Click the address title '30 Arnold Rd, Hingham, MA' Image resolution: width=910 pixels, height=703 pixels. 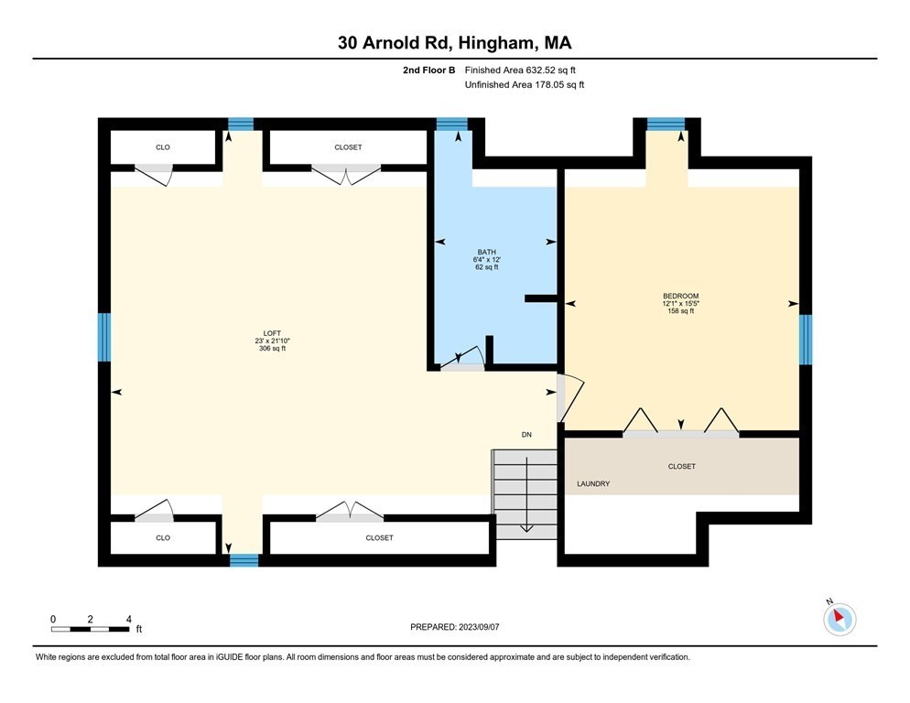pyautogui.click(x=455, y=43)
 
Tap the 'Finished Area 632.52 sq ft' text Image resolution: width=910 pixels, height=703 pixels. pyautogui.click(x=520, y=70)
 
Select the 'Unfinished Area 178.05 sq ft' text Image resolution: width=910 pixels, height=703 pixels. pyautogui.click(x=524, y=84)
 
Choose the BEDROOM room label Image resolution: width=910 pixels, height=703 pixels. pyautogui.click(x=680, y=303)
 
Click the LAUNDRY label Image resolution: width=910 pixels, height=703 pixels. pyautogui.click(x=593, y=483)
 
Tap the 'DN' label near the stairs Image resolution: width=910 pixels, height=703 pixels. pyautogui.click(x=526, y=434)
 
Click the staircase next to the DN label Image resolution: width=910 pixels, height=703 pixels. pyautogui.click(x=525, y=492)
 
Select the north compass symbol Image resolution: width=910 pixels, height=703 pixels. pyautogui.click(x=839, y=618)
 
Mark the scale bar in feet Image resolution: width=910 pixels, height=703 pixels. pyautogui.click(x=90, y=629)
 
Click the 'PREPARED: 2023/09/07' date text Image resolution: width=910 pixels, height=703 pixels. pyautogui.click(x=455, y=627)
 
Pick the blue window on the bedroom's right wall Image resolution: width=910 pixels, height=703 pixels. pyautogui.click(x=806, y=339)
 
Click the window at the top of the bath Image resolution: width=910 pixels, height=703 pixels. pyautogui.click(x=451, y=124)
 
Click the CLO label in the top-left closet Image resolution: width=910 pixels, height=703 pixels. pyautogui.click(x=162, y=146)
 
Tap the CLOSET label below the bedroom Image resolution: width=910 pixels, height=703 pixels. pyautogui.click(x=681, y=466)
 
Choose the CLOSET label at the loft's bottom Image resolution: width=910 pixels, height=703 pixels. pyautogui.click(x=379, y=537)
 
